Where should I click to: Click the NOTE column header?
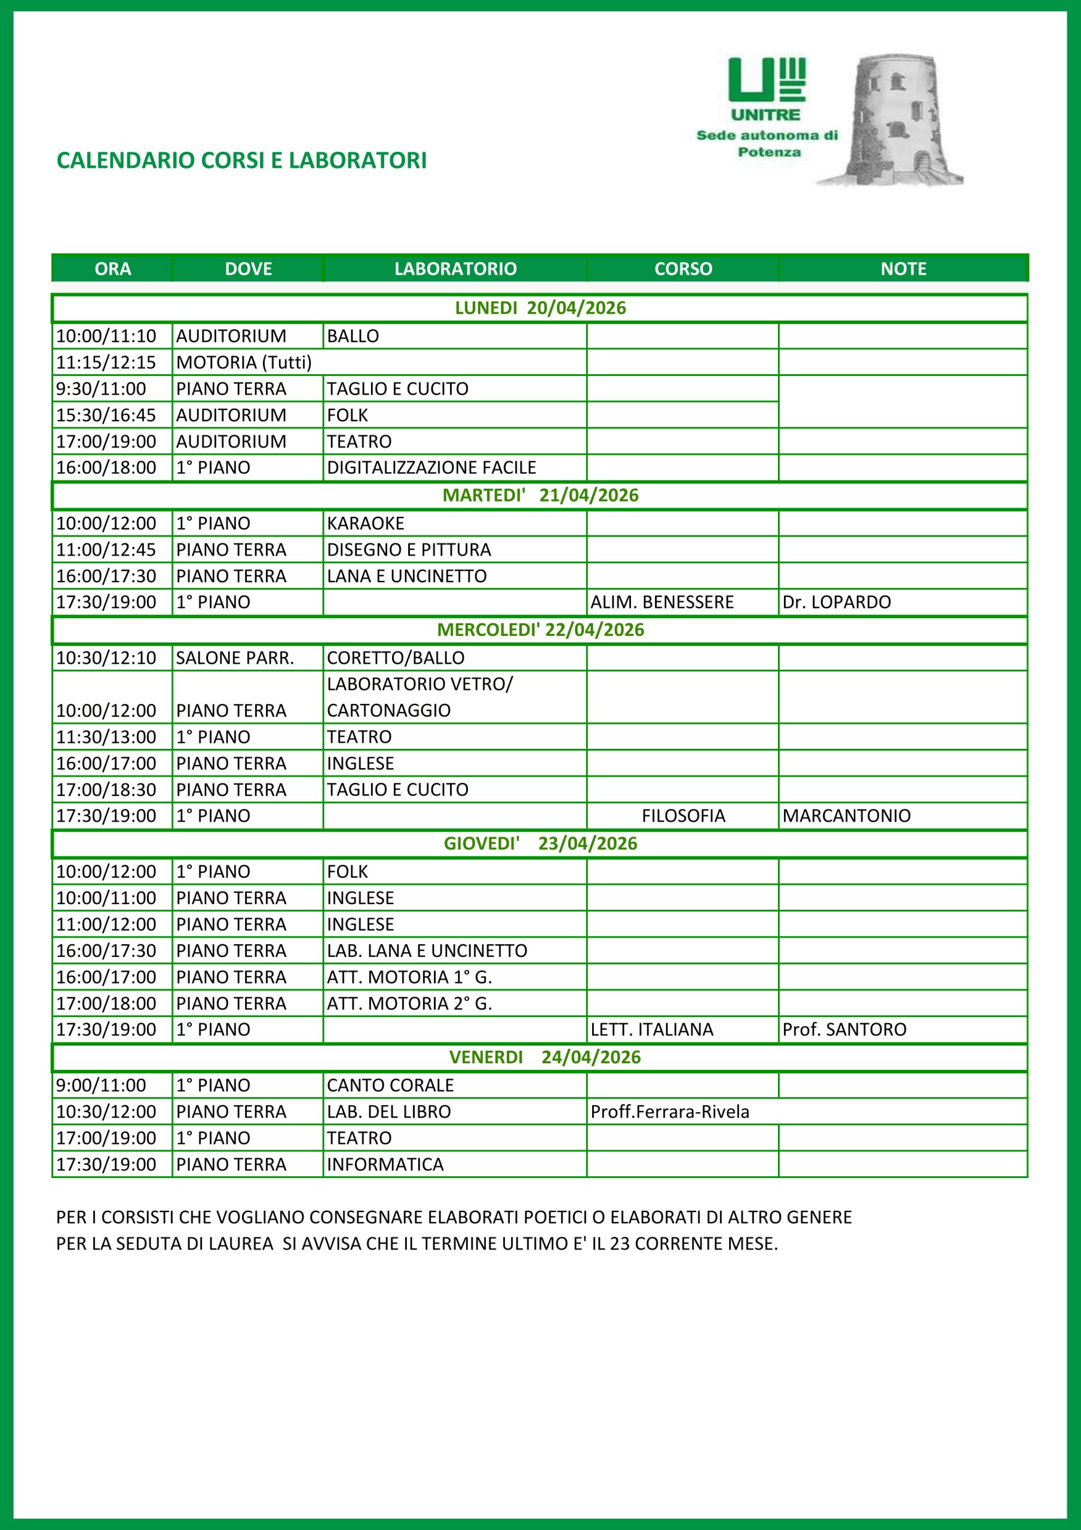pyautogui.click(x=903, y=268)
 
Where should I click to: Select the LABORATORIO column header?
pyautogui.click(x=455, y=268)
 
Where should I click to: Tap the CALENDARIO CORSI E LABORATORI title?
pyautogui.click(x=241, y=161)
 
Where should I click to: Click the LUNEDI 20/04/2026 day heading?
pyautogui.click(x=540, y=308)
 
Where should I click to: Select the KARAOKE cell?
pyautogui.click(x=366, y=523)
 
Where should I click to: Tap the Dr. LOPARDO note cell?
pyautogui.click(x=837, y=602)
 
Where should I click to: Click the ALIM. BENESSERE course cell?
pyautogui.click(x=662, y=602)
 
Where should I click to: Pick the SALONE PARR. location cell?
pyautogui.click(x=235, y=657)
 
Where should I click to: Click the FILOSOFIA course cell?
pyautogui.click(x=683, y=816)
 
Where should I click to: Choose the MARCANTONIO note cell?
pyautogui.click(x=846, y=816)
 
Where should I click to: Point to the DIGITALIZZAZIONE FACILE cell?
pyautogui.click(x=431, y=467)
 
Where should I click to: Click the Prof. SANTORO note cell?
pyautogui.click(x=844, y=1030)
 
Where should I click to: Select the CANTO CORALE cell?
pyautogui.click(x=390, y=1085)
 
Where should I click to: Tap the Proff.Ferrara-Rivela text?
pyautogui.click(x=670, y=1112)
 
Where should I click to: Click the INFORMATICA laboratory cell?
pyautogui.click(x=385, y=1164)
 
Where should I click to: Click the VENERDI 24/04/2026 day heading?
pyautogui.click(x=544, y=1057)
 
